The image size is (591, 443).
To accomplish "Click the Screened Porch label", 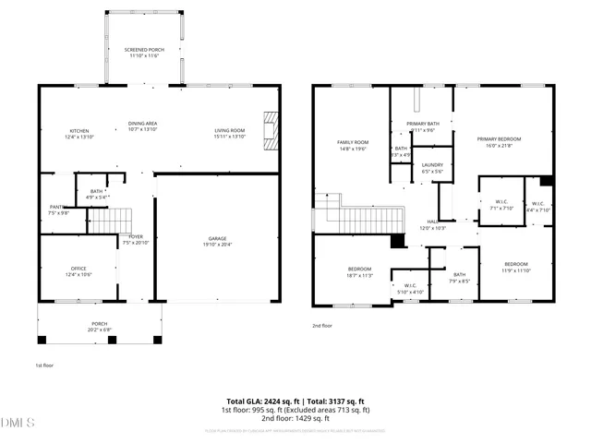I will pos(142,53).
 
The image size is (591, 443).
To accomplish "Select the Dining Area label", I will pos(142,126).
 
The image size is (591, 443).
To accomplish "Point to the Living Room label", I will pos(229,133).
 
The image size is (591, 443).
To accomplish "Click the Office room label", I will pos(78,271).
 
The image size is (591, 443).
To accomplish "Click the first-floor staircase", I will pos(109,221).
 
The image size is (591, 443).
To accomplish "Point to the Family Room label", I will pos(352,145).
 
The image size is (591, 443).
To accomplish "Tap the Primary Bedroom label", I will pos(499,142).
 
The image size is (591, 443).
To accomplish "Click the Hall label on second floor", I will pos(433,225).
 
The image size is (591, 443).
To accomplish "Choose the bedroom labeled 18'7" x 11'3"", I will pos(359,271).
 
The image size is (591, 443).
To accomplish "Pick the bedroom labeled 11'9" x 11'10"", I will pos(516,267).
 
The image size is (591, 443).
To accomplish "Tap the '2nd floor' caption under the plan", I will pos(322,326).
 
